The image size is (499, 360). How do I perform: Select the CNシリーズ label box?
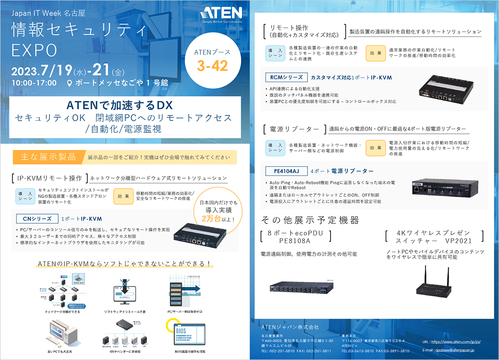point(35,218)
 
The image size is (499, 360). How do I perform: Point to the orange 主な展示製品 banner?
point(48,157)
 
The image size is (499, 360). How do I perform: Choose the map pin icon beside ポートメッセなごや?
point(70,83)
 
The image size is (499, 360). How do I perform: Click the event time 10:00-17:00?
point(34,83)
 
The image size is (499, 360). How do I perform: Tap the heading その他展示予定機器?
point(310,220)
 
